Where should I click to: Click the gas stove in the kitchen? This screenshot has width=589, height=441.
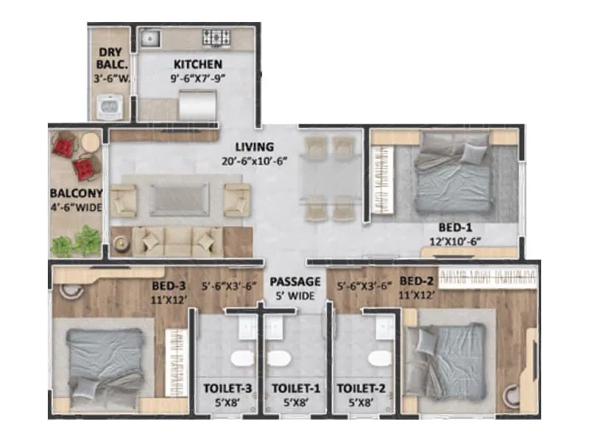click(x=217, y=37)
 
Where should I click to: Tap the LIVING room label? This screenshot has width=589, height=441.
click(x=254, y=146)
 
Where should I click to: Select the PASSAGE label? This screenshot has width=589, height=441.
click(x=294, y=282)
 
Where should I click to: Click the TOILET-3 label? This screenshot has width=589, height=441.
click(x=225, y=388)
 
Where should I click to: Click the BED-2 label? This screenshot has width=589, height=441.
click(x=417, y=281)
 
